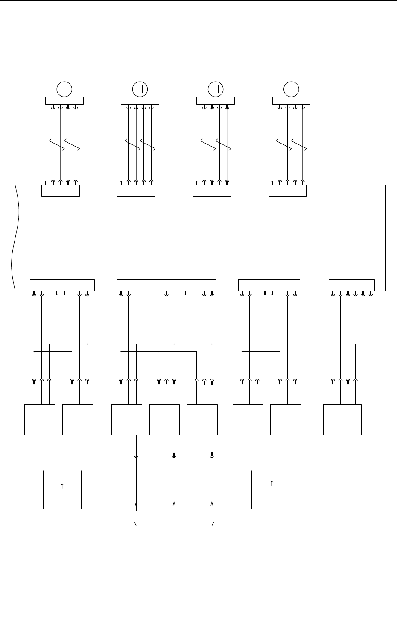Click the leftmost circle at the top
64,89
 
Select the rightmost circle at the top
292,89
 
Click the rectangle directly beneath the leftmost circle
64,100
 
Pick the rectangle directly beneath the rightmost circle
291,100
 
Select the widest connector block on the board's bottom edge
166,285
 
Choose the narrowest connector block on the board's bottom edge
351,285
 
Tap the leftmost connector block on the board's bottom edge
62,285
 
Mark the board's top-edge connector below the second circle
136,191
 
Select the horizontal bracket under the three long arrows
174,524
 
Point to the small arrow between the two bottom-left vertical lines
62,486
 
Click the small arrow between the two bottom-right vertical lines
272,484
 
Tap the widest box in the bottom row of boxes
342,419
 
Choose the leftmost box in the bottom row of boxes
40,419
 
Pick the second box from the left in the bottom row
77,419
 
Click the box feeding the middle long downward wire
164,419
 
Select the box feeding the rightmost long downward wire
202,419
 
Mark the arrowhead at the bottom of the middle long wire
174,504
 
